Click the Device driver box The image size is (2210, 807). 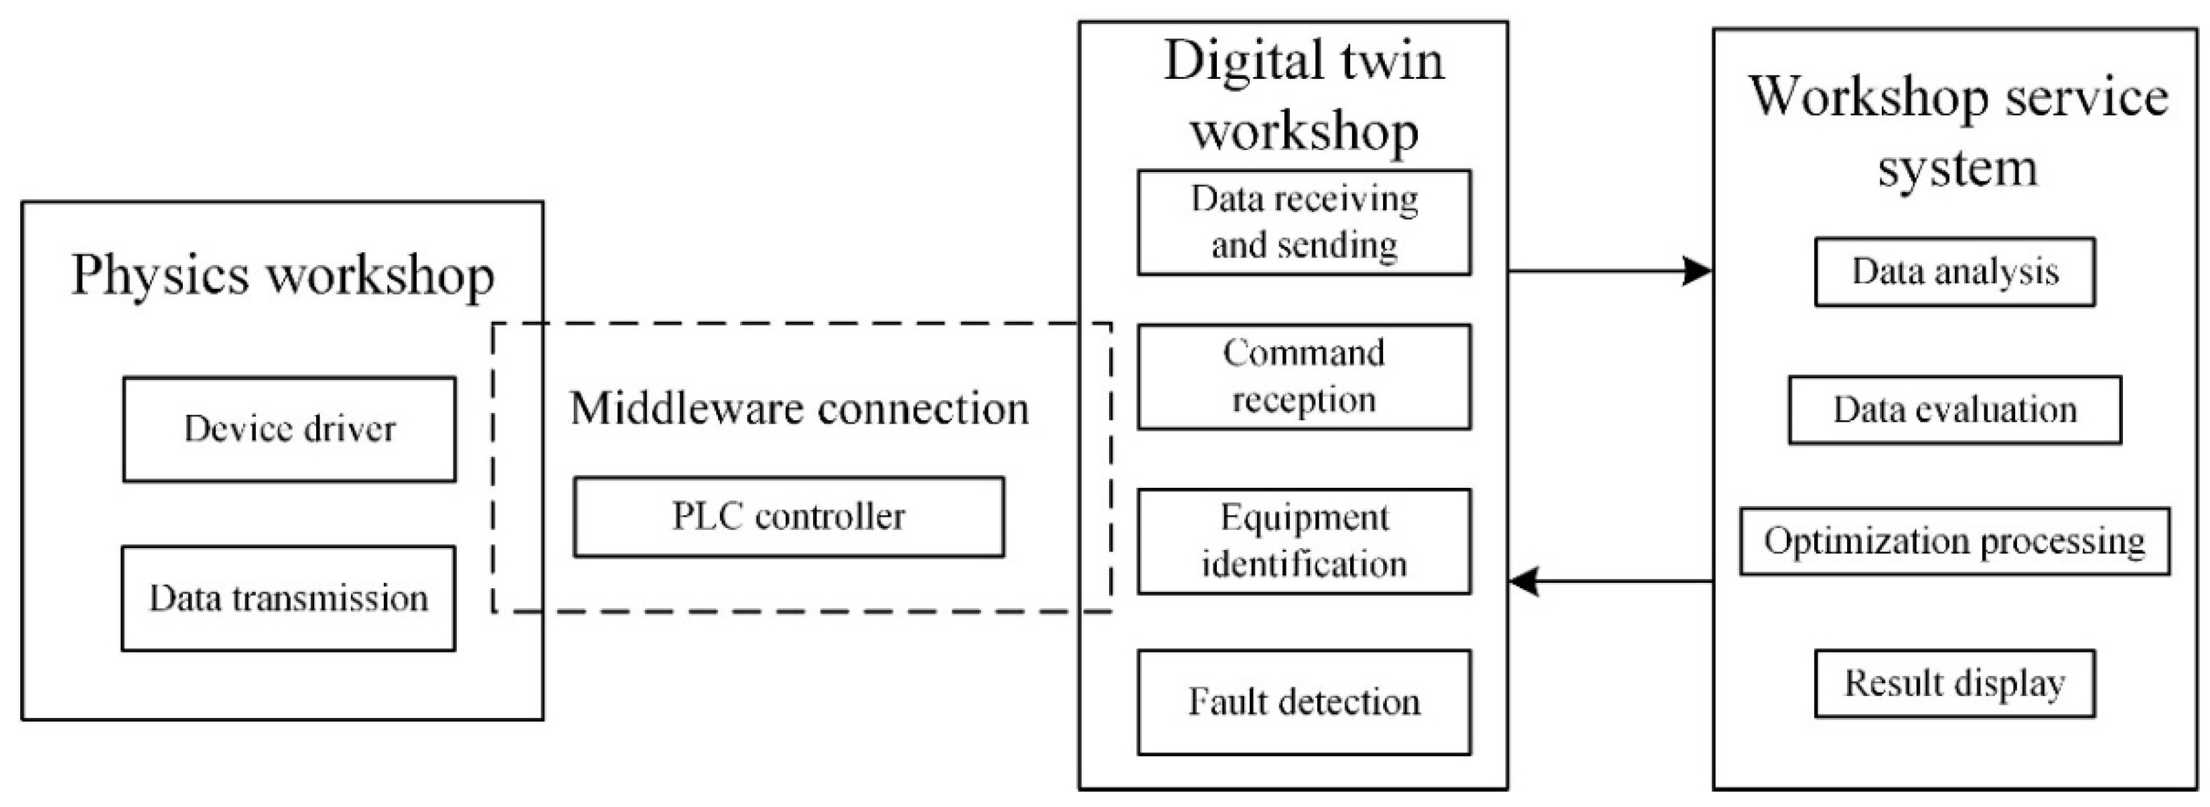[289, 429]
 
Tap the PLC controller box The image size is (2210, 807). [788, 517]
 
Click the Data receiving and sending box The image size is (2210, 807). [1304, 223]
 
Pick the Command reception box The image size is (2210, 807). [1304, 377]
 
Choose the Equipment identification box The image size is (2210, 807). [1304, 541]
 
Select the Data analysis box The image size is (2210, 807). [1954, 272]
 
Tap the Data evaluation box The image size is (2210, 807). [1954, 410]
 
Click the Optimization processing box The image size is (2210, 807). [1954, 541]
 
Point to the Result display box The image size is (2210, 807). [1954, 683]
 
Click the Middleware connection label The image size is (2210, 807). [799, 408]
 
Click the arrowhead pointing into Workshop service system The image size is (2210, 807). [1697, 271]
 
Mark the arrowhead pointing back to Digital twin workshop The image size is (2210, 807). [1524, 581]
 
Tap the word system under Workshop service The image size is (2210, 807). [1957, 167]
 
